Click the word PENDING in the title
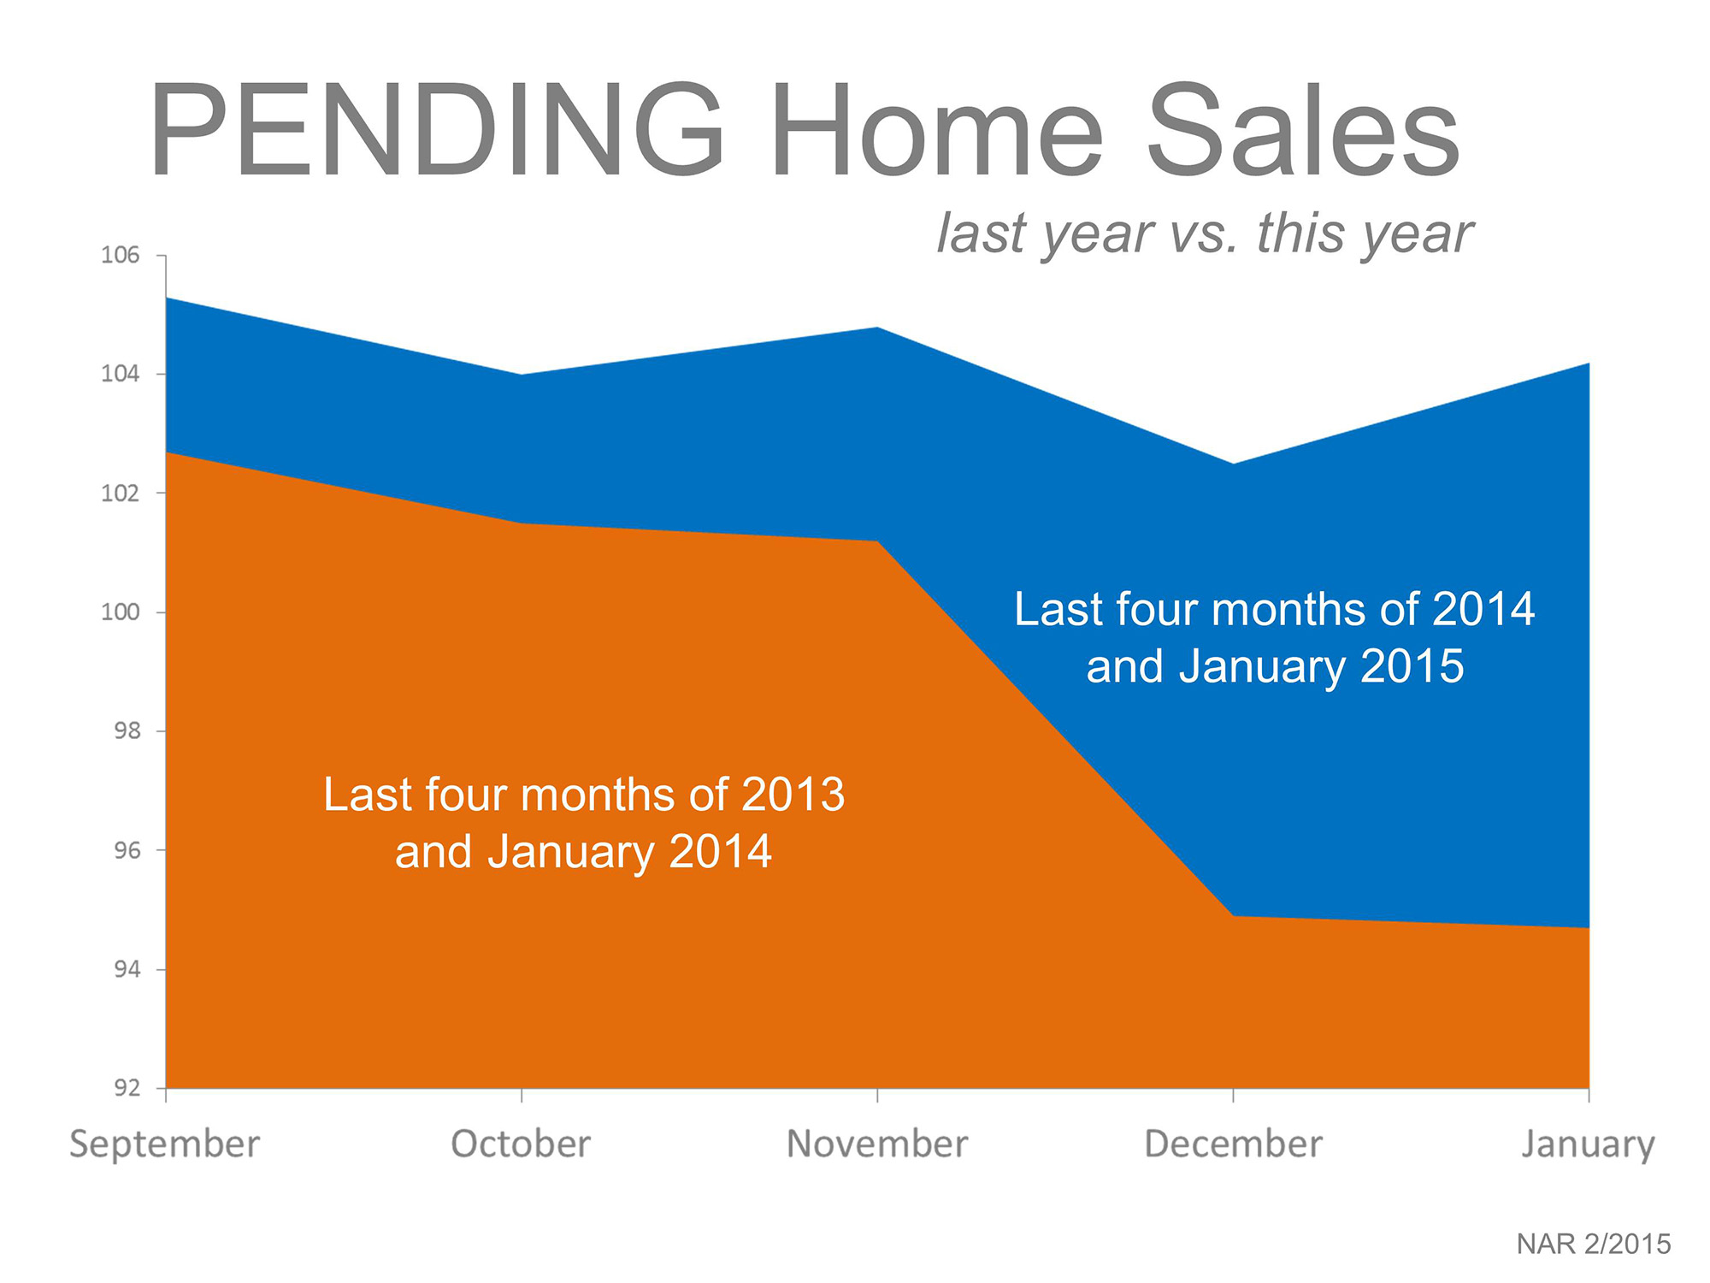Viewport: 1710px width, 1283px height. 436,133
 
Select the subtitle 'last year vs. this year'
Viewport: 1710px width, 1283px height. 1204,233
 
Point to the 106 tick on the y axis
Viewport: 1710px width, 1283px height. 120,255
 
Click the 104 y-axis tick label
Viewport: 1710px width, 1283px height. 120,374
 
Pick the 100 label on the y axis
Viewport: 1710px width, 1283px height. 120,612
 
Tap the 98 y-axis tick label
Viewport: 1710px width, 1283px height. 127,731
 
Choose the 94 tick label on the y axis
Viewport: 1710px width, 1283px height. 127,969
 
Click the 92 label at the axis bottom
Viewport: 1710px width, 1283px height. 127,1088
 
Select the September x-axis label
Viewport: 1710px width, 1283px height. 164,1144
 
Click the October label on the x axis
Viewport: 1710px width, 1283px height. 521,1144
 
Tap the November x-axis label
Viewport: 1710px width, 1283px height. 877,1144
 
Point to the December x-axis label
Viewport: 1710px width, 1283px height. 1233,1144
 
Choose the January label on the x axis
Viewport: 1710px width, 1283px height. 1588,1144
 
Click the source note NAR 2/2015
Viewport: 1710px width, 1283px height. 1593,1244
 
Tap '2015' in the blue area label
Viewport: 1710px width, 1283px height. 1412,666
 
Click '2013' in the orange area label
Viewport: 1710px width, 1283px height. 793,795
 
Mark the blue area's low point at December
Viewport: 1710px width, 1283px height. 1233,464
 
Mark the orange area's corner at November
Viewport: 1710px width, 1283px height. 877,541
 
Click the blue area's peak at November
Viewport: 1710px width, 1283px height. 877,328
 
